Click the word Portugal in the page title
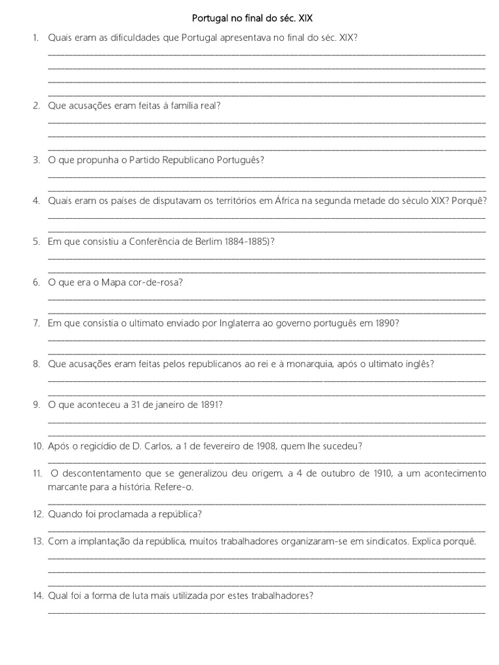click(x=210, y=19)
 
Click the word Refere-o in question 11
click(x=177, y=486)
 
